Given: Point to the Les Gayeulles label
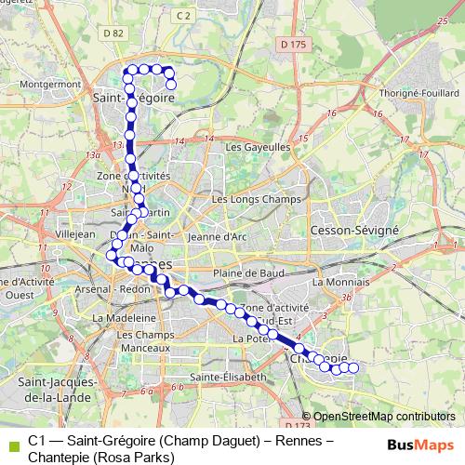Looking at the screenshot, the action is pos(259,146).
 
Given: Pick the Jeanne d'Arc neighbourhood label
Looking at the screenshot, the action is pos(216,236).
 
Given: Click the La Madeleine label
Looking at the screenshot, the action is pos(117,316).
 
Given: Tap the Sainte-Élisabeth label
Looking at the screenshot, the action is pos(227,377).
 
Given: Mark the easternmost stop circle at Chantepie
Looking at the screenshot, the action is pos(353,367).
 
